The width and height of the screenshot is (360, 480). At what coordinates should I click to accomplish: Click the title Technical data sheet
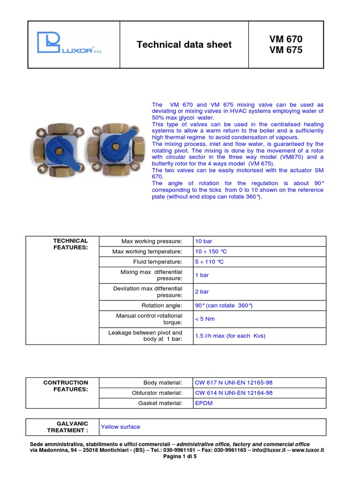pos(184,45)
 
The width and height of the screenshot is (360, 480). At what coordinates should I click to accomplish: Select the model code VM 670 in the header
pos(285,39)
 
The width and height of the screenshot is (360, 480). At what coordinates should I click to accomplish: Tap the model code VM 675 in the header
pos(285,50)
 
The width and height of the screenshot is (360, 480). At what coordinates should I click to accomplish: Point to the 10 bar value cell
pos(204,241)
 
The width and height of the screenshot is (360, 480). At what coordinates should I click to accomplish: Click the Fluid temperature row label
pos(157,262)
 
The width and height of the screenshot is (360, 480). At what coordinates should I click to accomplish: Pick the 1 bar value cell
pos(202,275)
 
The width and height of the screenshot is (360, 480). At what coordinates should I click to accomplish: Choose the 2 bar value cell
pos(202,292)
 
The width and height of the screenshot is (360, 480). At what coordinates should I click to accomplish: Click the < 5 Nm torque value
pos(205,319)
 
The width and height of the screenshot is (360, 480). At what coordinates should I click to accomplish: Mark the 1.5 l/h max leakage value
pos(224,336)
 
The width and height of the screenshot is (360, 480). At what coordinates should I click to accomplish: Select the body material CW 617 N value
pos(233,383)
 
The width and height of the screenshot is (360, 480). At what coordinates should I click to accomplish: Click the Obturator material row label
pos(157,393)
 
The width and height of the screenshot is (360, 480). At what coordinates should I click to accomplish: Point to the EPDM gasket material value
pos(204,403)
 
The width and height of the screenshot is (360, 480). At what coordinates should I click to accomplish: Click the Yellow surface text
pos(120,427)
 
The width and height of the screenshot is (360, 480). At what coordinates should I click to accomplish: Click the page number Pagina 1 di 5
pos(180,457)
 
